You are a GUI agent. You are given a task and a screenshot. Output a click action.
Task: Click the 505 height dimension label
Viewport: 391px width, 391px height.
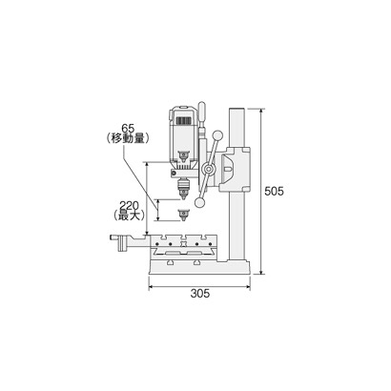pyautogui.click(x=274, y=192)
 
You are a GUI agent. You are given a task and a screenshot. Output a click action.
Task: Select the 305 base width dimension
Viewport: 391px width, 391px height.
pyautogui.click(x=200, y=294)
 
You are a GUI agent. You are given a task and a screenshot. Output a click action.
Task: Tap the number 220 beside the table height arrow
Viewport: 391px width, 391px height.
pyautogui.click(x=129, y=206)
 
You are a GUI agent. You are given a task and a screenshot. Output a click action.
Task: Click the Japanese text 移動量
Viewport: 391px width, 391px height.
pyautogui.click(x=127, y=138)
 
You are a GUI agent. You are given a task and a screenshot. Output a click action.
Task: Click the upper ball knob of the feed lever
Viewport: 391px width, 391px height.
pyautogui.click(x=217, y=135)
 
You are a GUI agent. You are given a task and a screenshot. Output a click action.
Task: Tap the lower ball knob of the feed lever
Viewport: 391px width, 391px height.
pyautogui.click(x=200, y=203)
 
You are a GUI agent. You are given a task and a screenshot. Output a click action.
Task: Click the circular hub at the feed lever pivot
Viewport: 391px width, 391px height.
pyautogui.click(x=208, y=170)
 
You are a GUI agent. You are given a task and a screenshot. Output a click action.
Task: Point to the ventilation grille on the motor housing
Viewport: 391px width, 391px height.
pyautogui.click(x=184, y=121)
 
